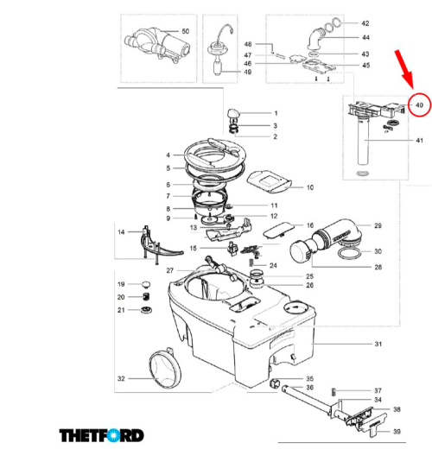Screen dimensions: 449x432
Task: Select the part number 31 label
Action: [377, 345]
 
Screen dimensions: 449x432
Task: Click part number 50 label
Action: [184, 32]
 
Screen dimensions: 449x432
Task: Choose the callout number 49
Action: [248, 72]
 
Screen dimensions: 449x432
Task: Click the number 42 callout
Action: [365, 23]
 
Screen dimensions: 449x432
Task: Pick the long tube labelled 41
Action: [363, 144]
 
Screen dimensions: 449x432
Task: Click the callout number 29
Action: [377, 225]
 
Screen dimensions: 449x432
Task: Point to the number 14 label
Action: [122, 231]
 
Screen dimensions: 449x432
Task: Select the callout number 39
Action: [397, 432]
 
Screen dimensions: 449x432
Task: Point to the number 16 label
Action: [309, 225]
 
